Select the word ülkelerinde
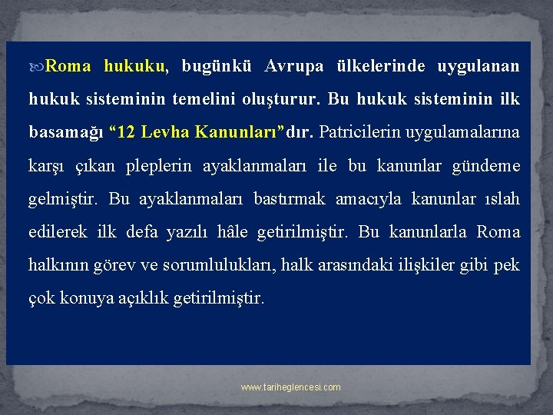(379, 66)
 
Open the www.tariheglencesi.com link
(290, 387)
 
